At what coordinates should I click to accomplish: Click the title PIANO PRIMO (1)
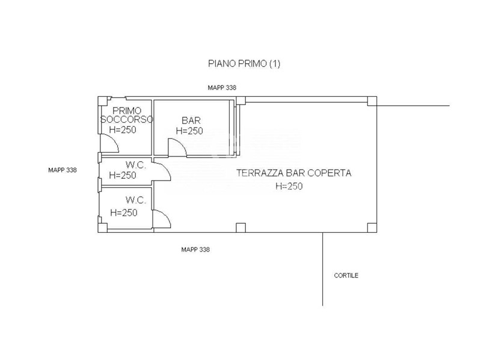pos(244,64)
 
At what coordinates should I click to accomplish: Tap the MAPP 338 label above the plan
pos(222,88)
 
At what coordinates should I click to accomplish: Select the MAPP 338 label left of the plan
pos(63,170)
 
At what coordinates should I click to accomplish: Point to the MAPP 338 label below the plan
pos(195,250)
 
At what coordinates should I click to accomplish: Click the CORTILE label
pos(346,276)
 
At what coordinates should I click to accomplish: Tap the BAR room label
pos(191,120)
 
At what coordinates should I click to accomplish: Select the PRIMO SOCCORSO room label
pos(127,115)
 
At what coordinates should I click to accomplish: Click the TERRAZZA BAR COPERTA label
pos(293,173)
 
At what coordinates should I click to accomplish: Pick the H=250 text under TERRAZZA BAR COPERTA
pos(289,187)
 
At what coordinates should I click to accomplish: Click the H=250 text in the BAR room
pos(189,131)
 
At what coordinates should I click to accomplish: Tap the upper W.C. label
pos(136,165)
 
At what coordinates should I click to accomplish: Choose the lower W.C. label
pos(136,200)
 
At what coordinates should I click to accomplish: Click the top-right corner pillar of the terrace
pos(372,101)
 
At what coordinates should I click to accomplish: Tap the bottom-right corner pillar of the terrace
pos(372,228)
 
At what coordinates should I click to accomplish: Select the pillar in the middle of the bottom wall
pos(241,228)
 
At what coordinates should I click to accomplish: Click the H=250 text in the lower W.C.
pos(124,213)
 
